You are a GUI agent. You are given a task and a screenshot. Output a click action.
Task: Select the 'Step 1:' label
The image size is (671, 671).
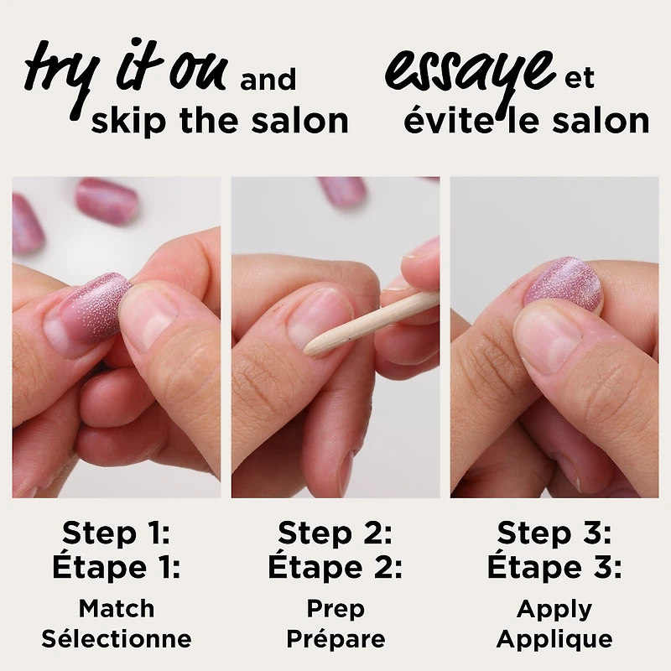116,533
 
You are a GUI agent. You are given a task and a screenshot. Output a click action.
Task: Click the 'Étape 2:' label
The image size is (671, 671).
335,568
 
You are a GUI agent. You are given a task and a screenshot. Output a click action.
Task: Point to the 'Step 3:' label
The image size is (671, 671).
554,533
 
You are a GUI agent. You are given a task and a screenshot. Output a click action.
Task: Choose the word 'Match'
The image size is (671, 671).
117,609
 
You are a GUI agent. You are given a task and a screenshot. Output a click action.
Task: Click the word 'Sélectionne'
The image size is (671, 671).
117,638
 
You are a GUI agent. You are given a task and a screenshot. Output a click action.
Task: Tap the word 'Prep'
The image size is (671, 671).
335,610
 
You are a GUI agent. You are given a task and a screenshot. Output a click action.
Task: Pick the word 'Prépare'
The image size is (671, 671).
335,640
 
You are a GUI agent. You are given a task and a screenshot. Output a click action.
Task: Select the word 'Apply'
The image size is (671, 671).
554,610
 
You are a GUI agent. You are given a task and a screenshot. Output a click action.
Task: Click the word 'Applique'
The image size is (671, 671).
554,640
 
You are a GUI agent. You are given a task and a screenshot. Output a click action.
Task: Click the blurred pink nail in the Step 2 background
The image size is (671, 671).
343,188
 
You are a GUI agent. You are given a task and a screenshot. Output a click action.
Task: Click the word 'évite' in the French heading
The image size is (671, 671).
448,121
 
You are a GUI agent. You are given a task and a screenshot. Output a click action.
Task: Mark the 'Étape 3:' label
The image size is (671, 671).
554,568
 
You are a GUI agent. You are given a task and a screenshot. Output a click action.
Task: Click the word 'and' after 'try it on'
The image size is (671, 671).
268,80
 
